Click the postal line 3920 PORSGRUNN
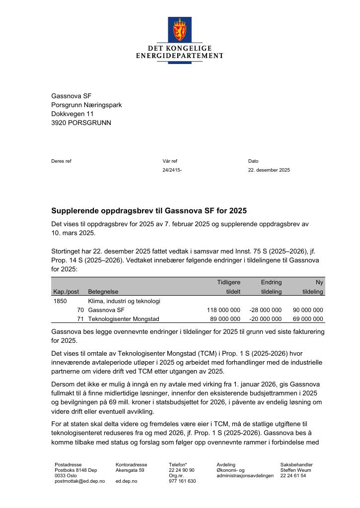click(81, 123)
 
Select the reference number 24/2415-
click(172, 170)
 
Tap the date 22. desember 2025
click(269, 170)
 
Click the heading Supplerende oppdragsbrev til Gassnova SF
click(149, 211)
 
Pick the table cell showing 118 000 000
click(223, 310)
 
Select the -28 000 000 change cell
click(265, 310)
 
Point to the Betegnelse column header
click(103, 292)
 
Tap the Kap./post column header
click(66, 292)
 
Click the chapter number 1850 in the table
click(60, 301)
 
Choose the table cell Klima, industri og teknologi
click(124, 301)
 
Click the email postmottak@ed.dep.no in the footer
click(79, 481)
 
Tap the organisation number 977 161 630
click(182, 481)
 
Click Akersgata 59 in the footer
click(130, 470)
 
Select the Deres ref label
click(62, 161)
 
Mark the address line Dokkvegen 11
click(72, 114)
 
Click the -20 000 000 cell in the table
click(265, 319)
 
